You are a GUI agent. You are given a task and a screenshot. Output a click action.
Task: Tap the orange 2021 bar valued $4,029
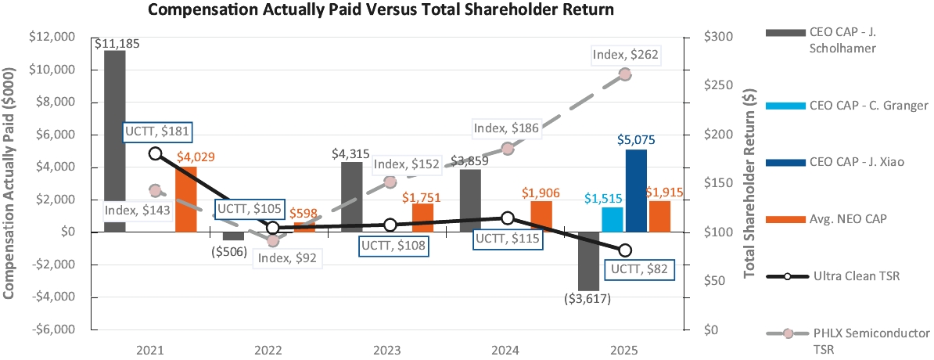click(x=186, y=199)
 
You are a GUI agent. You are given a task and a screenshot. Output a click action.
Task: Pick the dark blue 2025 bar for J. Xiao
click(x=636, y=190)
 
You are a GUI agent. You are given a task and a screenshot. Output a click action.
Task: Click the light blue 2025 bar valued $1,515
click(x=612, y=219)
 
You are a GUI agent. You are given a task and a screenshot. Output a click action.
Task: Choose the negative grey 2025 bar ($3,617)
click(x=588, y=261)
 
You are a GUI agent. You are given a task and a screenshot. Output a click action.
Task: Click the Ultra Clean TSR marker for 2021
click(x=156, y=153)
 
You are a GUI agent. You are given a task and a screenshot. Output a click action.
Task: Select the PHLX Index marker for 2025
click(x=625, y=74)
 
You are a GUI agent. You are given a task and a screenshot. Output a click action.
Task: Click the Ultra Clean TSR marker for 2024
click(x=507, y=218)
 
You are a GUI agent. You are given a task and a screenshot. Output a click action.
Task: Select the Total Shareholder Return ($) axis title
click(x=749, y=183)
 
